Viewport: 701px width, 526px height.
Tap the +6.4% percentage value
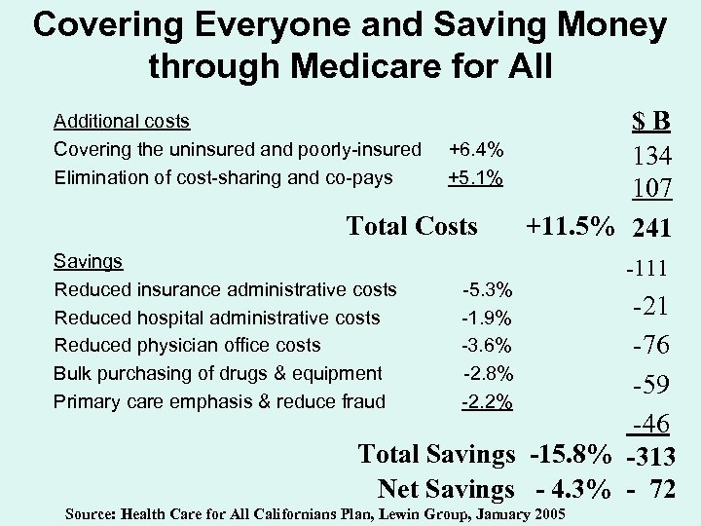(475, 150)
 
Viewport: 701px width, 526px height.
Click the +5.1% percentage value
(475, 177)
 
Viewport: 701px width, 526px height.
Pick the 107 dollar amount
(649, 192)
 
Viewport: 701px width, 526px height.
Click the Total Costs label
(412, 226)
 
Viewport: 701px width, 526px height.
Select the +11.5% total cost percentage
(570, 226)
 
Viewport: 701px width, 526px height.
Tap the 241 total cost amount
(649, 228)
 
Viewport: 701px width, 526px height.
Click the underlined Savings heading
(89, 261)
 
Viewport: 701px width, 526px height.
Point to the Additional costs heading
(122, 122)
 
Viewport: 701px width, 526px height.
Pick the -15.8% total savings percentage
(570, 454)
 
